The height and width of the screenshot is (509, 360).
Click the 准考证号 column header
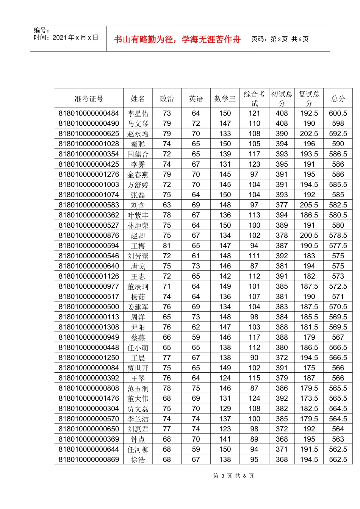[89, 99]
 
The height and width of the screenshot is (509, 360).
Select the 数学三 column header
[225, 99]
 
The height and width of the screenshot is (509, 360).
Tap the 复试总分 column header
[309, 98]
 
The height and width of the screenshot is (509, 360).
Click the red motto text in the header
[177, 39]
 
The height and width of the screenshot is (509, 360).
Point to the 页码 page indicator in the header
[280, 39]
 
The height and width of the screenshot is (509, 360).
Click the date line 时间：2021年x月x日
[66, 37]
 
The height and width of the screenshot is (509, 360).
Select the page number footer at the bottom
[233, 476]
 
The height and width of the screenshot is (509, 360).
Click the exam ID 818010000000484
[89, 113]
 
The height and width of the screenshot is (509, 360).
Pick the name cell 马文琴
[138, 123]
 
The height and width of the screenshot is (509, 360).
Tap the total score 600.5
[338, 113]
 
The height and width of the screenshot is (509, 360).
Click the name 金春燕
[138, 175]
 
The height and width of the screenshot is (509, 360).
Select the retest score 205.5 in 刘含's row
[309, 205]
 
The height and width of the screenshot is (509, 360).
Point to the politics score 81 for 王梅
[167, 246]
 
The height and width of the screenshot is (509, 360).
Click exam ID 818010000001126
[89, 276]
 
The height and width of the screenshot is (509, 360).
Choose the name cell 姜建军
[138, 307]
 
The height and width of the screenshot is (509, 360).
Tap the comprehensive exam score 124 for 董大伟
[254, 398]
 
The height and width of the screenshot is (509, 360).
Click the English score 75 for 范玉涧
[196, 388]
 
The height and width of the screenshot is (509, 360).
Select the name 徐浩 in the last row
[138, 460]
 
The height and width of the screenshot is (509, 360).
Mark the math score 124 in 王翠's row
[225, 378]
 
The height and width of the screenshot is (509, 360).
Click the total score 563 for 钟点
[338, 439]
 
